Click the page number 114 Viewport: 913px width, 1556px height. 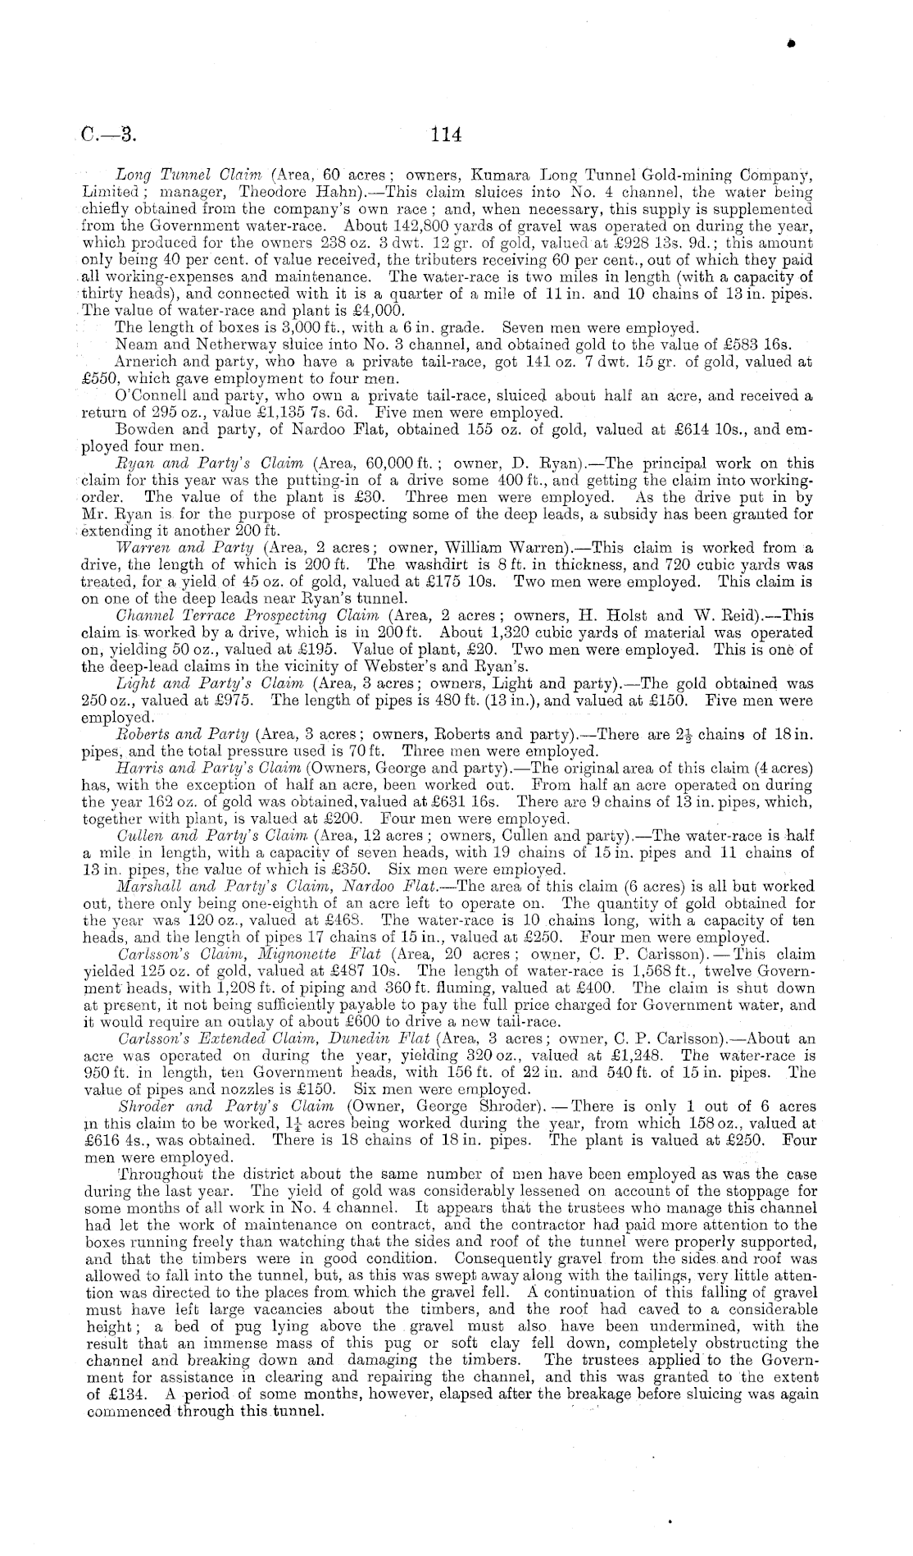pyautogui.click(x=447, y=135)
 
